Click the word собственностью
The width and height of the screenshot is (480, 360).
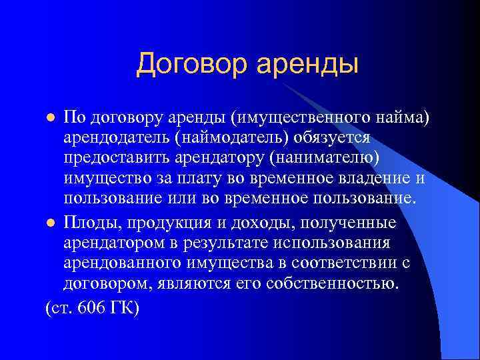click(342, 284)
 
